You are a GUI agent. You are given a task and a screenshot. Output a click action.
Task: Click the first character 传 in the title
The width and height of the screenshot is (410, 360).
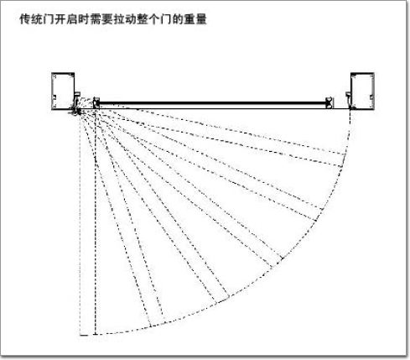25,19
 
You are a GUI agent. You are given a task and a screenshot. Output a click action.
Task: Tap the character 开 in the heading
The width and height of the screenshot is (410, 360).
60,19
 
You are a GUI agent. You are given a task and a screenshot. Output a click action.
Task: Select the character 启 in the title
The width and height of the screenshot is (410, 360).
71,19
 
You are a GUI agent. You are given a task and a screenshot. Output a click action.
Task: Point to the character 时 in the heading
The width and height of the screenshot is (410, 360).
83,19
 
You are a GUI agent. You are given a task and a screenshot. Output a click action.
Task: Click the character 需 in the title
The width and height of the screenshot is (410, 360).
95,19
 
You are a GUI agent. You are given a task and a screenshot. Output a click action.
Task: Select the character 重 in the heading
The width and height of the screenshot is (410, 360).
189,19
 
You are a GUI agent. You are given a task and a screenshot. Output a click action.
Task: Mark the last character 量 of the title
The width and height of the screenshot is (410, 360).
200,19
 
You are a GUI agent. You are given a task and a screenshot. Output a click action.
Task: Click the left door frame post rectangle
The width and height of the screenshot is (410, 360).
63,91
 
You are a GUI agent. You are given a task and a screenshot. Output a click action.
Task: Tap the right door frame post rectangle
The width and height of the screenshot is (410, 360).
362,91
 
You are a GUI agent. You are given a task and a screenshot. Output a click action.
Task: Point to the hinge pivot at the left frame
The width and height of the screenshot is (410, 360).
76,112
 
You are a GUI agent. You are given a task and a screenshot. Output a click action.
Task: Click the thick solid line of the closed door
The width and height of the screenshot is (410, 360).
213,103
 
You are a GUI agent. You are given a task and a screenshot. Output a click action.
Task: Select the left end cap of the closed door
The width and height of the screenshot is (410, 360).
96,102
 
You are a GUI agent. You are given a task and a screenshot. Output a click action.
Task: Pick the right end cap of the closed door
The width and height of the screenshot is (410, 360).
330,102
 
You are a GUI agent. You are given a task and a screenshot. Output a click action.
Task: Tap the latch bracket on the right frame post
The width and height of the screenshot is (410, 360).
349,99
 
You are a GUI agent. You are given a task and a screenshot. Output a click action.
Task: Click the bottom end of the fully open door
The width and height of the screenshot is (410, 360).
96,334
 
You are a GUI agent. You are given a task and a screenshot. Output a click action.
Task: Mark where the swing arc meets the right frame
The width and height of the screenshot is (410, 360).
350,110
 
